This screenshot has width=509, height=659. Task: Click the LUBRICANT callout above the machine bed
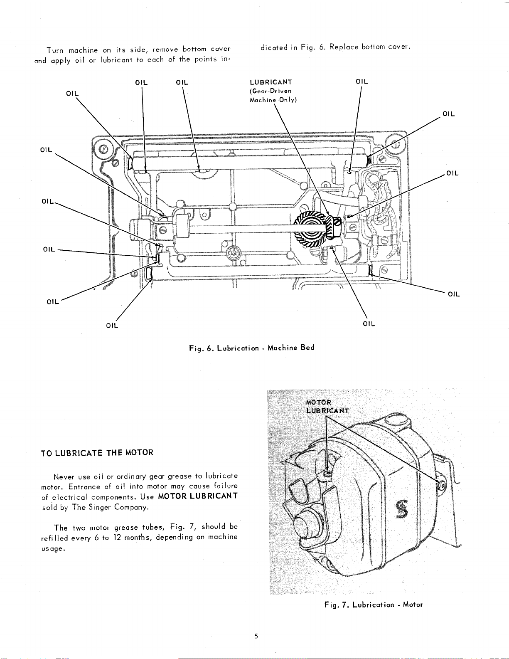tap(271, 82)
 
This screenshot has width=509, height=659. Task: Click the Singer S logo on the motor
tap(402, 509)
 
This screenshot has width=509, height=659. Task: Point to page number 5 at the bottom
tap(256, 636)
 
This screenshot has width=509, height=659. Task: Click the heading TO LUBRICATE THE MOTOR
tap(97, 453)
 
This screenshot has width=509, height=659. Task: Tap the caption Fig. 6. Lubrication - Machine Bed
tap(252, 348)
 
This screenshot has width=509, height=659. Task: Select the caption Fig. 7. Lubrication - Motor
tap(374, 605)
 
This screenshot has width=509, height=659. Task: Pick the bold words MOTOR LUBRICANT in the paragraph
tap(198, 496)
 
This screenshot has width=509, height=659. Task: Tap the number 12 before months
tap(118, 537)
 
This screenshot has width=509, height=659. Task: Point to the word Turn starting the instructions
tap(55, 51)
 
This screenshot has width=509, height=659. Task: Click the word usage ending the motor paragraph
tap(53, 549)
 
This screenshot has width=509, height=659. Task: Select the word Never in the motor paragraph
tap(64, 476)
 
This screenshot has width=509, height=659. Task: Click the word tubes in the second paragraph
tap(154, 527)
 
